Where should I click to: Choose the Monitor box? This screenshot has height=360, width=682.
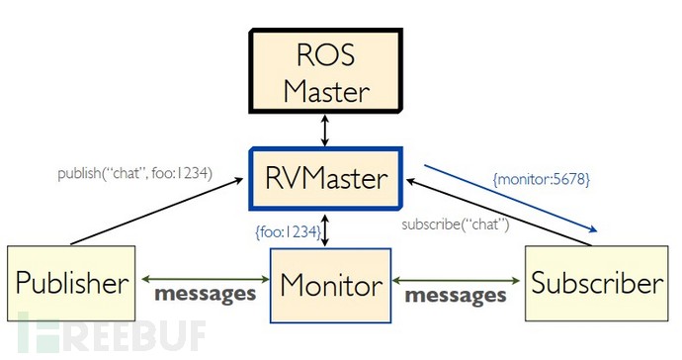point(331,285)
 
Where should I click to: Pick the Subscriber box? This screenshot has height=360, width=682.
point(596,284)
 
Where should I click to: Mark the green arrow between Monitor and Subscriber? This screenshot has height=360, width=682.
point(460,277)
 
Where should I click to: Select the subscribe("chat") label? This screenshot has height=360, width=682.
point(455,225)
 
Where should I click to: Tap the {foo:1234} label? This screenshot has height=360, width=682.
point(288,232)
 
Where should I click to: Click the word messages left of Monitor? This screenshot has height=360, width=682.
point(204,295)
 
